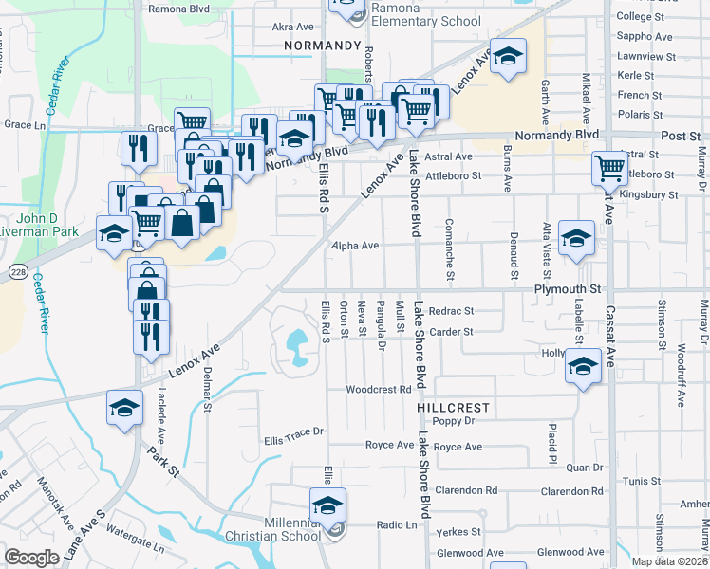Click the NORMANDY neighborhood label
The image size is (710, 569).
(x=323, y=45)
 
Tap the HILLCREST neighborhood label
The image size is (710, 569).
(x=453, y=407)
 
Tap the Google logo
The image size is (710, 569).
(x=30, y=558)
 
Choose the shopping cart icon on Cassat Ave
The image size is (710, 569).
(x=608, y=169)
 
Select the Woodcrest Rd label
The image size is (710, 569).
(x=378, y=389)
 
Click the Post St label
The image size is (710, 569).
(x=681, y=137)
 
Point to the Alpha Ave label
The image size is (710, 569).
(x=355, y=245)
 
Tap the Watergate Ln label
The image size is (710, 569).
(x=135, y=536)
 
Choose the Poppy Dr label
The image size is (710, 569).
(x=452, y=420)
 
